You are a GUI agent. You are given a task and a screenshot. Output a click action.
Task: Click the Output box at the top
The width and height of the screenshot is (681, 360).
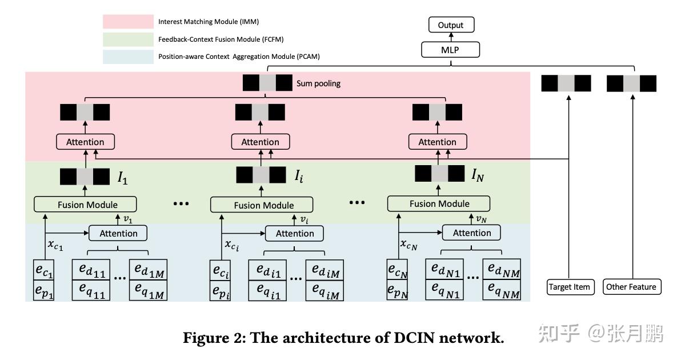click(x=451, y=25)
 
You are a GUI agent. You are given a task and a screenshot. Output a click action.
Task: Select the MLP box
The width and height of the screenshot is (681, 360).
click(x=451, y=50)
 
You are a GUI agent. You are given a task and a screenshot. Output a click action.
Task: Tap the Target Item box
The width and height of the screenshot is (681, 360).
click(x=569, y=287)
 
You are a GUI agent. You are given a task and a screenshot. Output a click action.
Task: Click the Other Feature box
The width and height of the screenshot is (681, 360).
click(x=632, y=287)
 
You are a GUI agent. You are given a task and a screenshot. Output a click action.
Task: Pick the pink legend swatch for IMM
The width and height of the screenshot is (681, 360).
click(x=128, y=22)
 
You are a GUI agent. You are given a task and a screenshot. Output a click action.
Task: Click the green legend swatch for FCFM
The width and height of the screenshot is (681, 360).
click(x=128, y=39)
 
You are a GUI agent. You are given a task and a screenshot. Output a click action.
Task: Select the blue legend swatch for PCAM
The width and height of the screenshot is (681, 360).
click(x=128, y=57)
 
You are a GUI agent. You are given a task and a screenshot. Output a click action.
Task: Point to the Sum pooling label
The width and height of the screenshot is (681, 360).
click(x=318, y=83)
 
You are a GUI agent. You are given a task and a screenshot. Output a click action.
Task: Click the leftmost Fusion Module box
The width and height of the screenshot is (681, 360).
click(x=86, y=205)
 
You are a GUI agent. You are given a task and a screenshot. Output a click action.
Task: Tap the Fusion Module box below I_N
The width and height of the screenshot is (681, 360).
click(x=439, y=203)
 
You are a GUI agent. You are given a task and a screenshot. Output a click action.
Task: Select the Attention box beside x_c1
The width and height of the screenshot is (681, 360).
click(x=118, y=233)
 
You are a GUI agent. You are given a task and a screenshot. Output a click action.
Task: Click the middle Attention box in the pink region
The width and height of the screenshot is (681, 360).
click(x=261, y=142)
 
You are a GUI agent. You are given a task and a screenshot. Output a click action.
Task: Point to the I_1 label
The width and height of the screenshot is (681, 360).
click(x=123, y=178)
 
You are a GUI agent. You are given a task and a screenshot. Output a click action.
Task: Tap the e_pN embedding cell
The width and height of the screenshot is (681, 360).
click(x=397, y=290)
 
